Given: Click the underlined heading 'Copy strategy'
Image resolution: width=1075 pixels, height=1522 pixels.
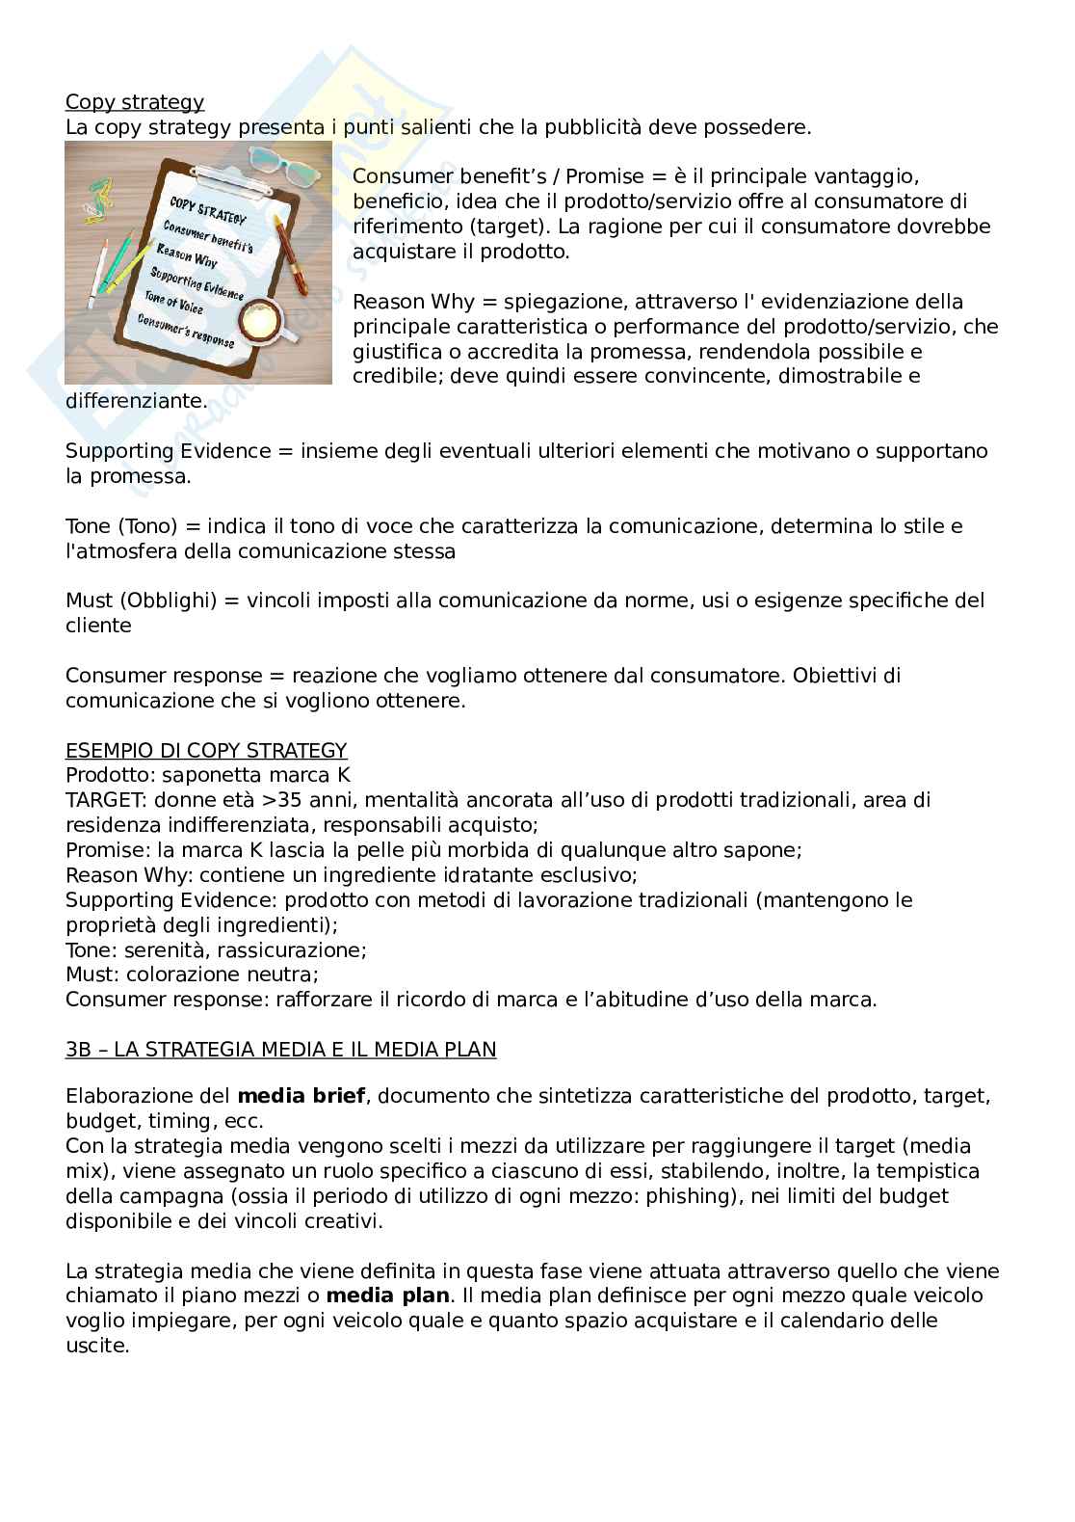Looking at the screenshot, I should [134, 102].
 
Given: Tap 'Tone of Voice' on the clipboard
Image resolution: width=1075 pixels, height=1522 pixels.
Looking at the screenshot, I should [173, 303].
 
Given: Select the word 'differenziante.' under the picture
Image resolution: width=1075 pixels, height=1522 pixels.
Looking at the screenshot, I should [136, 401].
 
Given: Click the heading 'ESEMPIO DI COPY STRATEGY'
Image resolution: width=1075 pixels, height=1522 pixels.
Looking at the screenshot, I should [206, 750].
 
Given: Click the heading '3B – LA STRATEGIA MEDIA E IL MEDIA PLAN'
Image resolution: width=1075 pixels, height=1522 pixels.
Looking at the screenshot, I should [280, 1050].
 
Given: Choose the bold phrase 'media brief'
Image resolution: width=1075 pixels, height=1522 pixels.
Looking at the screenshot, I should [294, 1096].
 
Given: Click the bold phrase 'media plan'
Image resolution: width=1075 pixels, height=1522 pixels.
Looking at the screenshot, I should [387, 1295].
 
